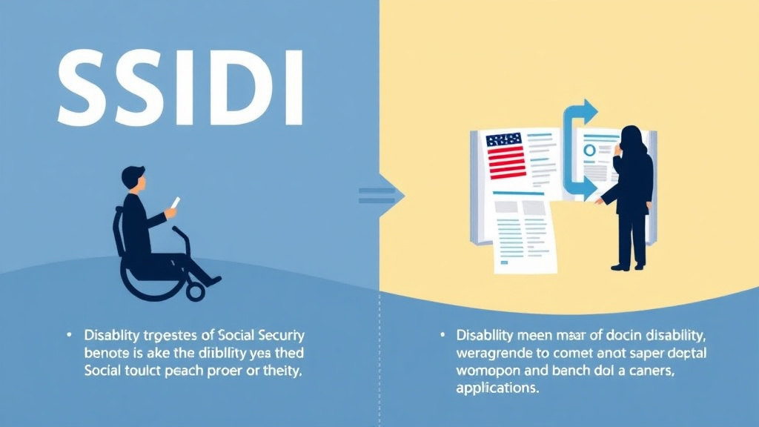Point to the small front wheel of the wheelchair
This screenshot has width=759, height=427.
[x=196, y=291]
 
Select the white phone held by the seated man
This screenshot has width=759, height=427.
[x=176, y=203]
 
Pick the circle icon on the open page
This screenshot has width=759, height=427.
[x=590, y=150]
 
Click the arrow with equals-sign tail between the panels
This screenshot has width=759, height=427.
[x=382, y=196]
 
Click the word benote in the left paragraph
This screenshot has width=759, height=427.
[x=107, y=353]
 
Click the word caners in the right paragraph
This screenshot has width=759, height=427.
[x=651, y=369]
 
